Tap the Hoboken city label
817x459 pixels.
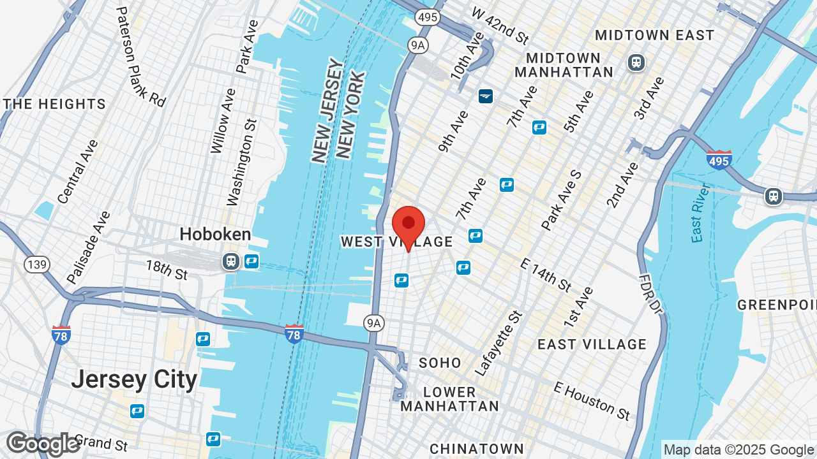[215, 234]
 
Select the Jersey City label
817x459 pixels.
[134, 379]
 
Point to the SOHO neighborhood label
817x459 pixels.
[440, 363]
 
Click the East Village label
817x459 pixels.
[592, 344]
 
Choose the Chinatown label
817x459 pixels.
[476, 449]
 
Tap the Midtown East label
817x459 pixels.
[654, 35]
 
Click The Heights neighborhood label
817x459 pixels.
[54, 104]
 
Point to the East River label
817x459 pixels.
[700, 212]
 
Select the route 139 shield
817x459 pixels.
[38, 265]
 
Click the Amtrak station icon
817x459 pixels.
[486, 96]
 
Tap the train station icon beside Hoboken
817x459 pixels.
[230, 261]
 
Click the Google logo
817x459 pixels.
[43, 444]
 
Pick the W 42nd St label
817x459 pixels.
[500, 25]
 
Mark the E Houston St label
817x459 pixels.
[592, 401]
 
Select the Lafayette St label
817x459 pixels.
[499, 343]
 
